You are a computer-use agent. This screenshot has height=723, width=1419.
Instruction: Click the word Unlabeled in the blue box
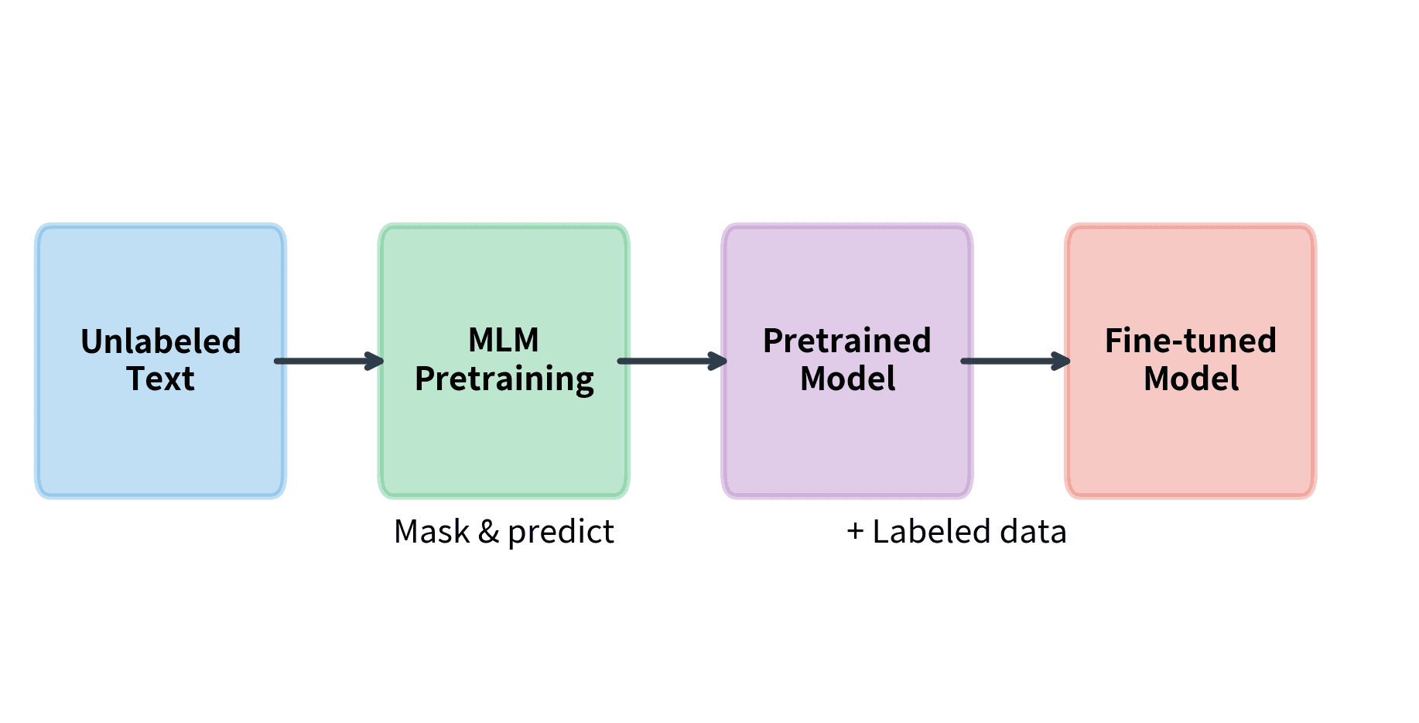tap(161, 341)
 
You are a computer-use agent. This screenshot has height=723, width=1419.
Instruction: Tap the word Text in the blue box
tap(161, 379)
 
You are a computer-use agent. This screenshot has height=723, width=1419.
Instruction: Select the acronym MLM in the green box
tap(504, 340)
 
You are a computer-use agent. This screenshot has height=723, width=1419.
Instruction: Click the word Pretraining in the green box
tap(504, 379)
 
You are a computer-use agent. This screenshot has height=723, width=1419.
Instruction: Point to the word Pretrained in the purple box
tap(847, 341)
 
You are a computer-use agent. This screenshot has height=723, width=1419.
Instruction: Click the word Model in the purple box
tap(847, 379)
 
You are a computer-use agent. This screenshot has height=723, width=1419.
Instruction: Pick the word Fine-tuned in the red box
tap(1191, 341)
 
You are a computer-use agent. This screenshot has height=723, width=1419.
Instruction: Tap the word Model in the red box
tap(1191, 379)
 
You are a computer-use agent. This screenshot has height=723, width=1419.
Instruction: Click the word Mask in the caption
tap(432, 532)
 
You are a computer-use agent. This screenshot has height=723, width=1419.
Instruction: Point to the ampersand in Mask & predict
tap(488, 532)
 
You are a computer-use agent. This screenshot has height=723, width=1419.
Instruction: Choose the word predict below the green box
tap(561, 533)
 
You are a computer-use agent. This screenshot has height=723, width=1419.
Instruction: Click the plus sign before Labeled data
tap(855, 532)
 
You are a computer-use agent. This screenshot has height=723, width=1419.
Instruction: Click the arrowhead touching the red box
tap(1062, 361)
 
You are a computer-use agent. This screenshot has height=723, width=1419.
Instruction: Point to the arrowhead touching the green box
tap(375, 361)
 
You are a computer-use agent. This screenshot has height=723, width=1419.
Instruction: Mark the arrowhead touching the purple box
tap(719, 361)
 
